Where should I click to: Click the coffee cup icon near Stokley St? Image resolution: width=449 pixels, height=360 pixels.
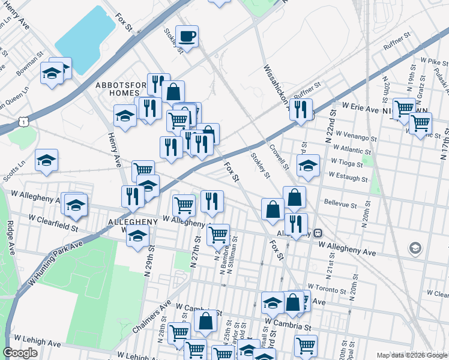(x=187, y=37)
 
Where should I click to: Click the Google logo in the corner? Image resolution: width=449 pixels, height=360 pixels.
(x=20, y=353)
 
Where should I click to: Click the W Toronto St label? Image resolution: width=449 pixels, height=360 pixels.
(x=327, y=289)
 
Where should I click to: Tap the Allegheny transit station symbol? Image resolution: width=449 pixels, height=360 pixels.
(x=318, y=233)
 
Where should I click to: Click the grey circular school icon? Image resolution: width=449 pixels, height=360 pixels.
(x=415, y=247)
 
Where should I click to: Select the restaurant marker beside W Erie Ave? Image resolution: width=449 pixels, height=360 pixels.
(x=301, y=109)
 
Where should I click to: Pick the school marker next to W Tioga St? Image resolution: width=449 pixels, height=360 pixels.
(x=308, y=166)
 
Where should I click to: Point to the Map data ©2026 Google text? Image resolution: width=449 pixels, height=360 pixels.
(x=412, y=355)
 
